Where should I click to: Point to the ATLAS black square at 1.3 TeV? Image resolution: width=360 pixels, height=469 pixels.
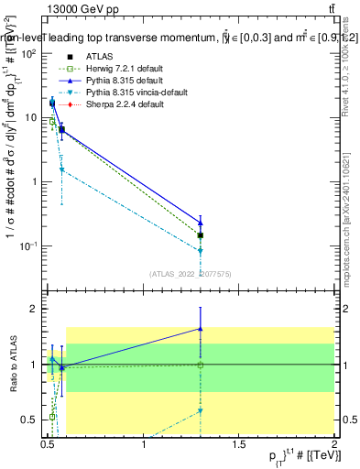click(201, 235)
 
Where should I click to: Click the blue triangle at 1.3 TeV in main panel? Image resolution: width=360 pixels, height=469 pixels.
click(201, 223)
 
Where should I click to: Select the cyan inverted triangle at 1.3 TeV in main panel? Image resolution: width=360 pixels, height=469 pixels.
click(201, 250)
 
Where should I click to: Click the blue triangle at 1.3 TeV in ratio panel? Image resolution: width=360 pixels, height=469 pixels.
click(201, 328)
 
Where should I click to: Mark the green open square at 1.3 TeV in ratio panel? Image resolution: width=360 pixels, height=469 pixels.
click(201, 365)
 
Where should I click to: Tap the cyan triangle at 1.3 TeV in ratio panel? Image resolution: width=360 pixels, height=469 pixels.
click(201, 411)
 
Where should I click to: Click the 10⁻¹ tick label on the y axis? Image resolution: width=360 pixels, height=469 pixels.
click(30, 245)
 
